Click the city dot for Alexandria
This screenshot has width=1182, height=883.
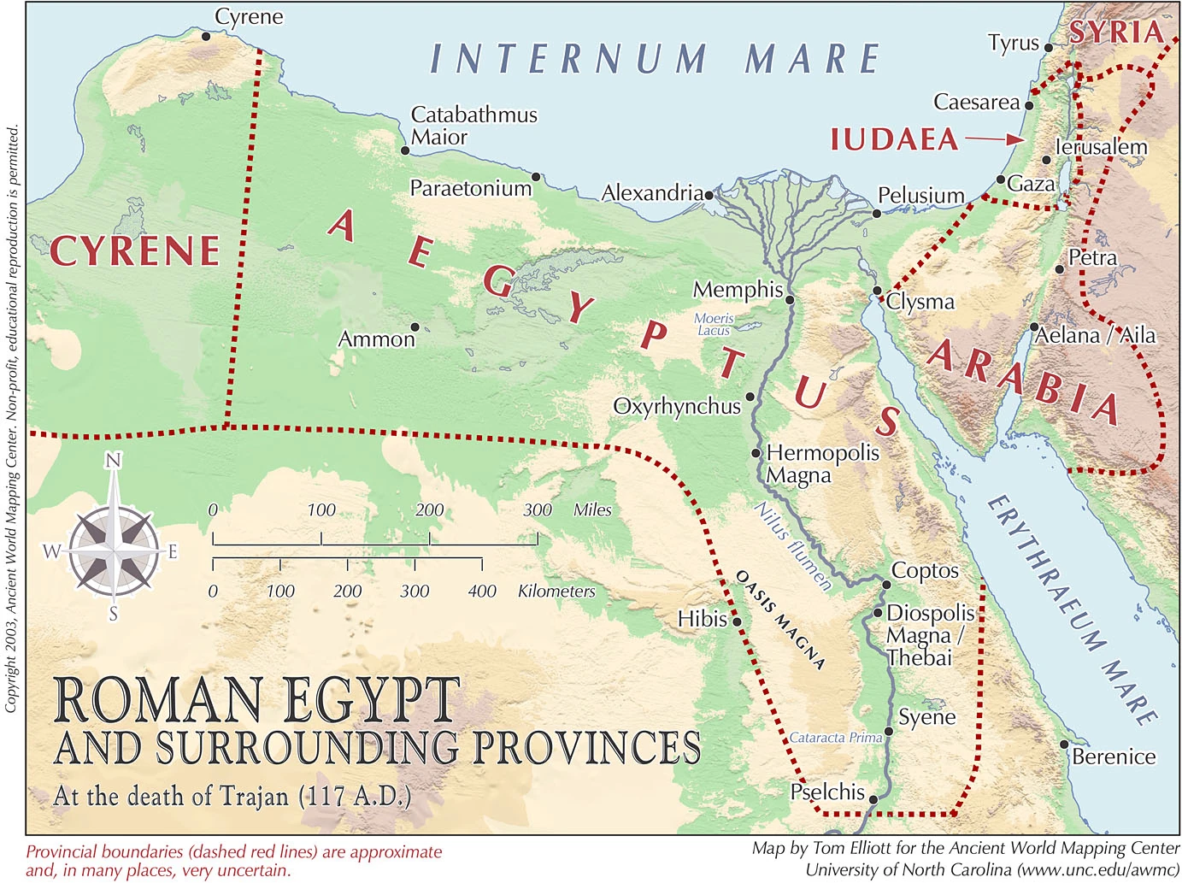(709, 195)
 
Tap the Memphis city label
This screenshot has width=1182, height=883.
(738, 291)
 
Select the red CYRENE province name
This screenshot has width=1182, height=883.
(135, 251)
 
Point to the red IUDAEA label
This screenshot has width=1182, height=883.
(894, 139)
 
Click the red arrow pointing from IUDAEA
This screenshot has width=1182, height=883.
(994, 138)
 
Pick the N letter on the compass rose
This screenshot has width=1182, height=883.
(113, 461)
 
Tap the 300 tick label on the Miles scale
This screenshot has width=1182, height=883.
(538, 510)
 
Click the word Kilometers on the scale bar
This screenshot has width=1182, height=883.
(556, 591)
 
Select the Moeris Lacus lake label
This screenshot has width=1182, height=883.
(714, 324)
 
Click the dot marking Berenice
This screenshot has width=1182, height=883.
(1064, 744)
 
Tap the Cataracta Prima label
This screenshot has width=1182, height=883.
(835, 738)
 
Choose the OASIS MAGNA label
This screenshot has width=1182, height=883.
(780, 620)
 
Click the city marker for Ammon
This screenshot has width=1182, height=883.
(415, 327)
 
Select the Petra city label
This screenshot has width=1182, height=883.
(1092, 258)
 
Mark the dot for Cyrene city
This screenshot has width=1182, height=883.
(205, 36)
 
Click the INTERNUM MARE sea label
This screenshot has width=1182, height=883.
(654, 59)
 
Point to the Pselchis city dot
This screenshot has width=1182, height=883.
(873, 799)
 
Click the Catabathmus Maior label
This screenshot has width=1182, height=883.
(473, 126)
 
